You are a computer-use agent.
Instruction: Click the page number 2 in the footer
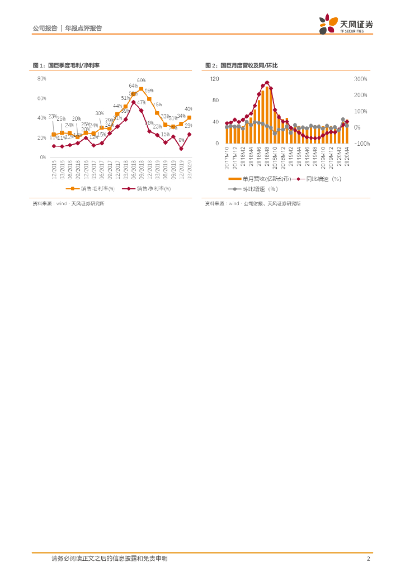pyautogui.click(x=368, y=559)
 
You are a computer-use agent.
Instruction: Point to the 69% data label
pyautogui.click(x=141, y=80)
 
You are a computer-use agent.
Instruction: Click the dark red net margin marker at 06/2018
pyautogui.click(x=133, y=102)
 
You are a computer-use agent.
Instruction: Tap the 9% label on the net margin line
pyautogui.click(x=181, y=140)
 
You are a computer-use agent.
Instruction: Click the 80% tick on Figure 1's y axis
pyautogui.click(x=41, y=79)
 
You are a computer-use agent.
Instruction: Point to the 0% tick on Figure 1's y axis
pyautogui.click(x=43, y=158)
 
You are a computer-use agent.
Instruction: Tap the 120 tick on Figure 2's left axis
pyautogui.click(x=214, y=79)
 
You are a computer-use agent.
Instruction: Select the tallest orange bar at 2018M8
pyautogui.click(x=267, y=115)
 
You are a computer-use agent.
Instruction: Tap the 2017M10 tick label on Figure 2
pyautogui.click(x=227, y=158)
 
